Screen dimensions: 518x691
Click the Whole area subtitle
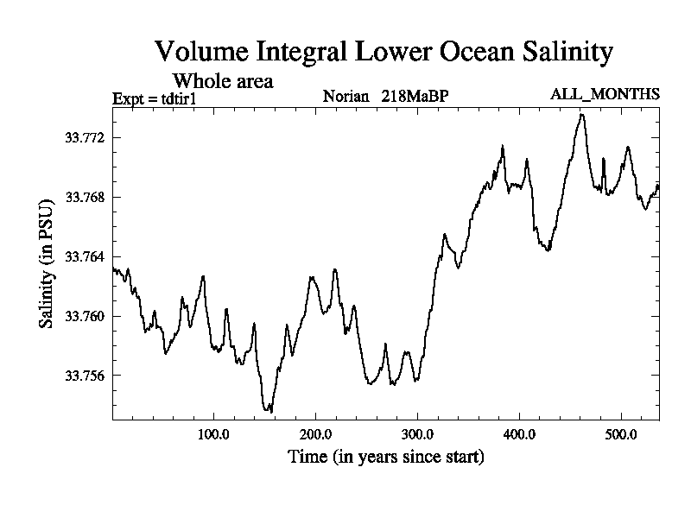pos(224,81)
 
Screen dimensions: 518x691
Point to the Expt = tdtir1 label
pos(155,98)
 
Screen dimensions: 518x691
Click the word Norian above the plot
pos(346,95)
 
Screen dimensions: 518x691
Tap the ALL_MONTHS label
pos(605,94)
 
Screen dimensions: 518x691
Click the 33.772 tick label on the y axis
pos(85,138)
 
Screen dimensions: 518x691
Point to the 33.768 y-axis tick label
pos(85,198)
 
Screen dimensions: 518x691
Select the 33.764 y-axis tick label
pos(85,257)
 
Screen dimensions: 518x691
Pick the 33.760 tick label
pos(85,317)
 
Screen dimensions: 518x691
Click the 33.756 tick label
pos(85,376)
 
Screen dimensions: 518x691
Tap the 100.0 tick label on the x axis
pos(213,433)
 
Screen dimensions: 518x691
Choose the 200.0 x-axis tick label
pos(315,433)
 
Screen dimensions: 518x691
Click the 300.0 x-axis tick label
pos(417,433)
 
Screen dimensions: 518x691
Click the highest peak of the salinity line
pos(582,114)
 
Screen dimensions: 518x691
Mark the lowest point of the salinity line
pos(271,412)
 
